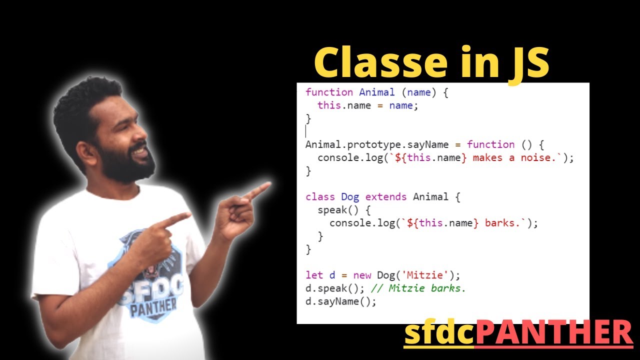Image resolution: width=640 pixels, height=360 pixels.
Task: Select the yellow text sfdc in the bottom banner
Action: click(x=439, y=334)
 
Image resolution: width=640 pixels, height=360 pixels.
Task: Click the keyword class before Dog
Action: click(x=320, y=196)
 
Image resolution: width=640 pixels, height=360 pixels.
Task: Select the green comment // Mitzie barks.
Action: click(x=418, y=288)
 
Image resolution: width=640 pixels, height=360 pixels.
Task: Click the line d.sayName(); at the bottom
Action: click(x=340, y=301)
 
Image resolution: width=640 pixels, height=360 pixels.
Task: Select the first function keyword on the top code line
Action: click(x=329, y=92)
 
